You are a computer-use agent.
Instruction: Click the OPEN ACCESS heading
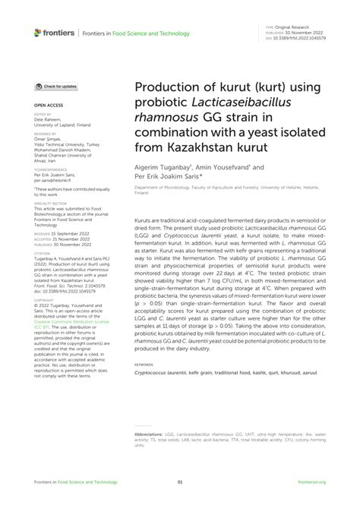point(48,106)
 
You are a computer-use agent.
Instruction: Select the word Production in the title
point(167,87)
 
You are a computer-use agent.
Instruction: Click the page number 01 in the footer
point(180,482)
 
